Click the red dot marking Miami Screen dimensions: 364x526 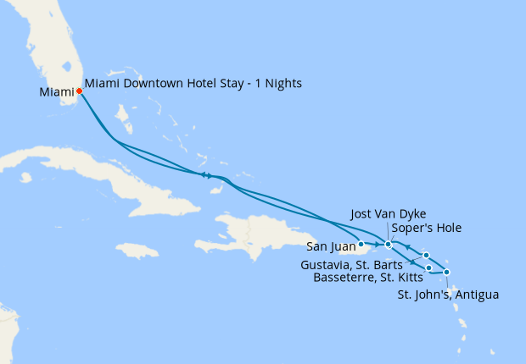click(x=79, y=91)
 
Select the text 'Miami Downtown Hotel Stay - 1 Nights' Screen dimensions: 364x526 click(x=193, y=84)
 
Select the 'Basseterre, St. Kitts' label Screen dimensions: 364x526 click(x=367, y=276)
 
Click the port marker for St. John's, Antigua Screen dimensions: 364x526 click(x=446, y=272)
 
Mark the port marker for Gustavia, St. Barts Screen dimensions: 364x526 click(x=426, y=255)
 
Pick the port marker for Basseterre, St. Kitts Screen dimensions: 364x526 click(x=429, y=268)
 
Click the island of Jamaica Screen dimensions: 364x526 click(x=136, y=251)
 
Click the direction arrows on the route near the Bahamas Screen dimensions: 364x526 click(x=206, y=175)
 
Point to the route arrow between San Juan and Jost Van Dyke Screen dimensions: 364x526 click(x=376, y=244)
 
